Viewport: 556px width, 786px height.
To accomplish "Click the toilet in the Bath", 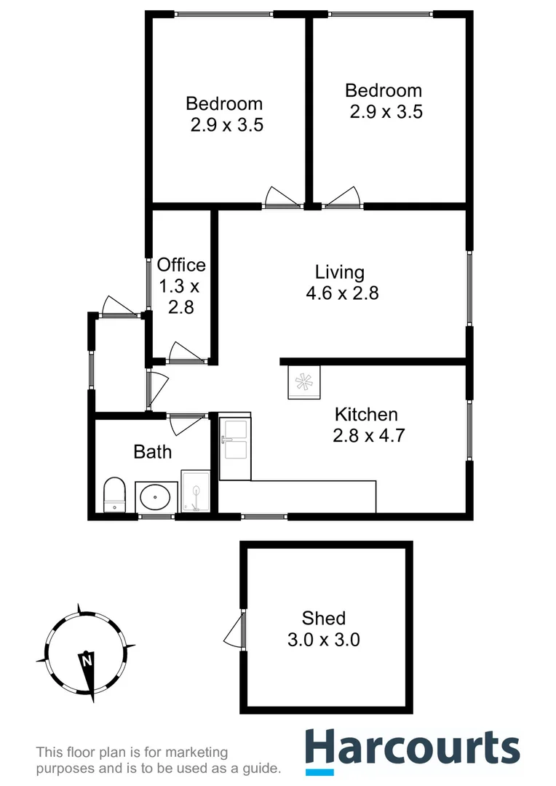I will coord(115,495).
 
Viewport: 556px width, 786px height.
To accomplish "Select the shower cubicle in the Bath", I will coord(195,491).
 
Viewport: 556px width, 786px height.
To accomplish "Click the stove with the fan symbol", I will coord(303,381).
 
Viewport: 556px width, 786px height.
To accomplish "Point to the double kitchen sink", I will coord(235,440).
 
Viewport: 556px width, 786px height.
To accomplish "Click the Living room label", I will coord(339,272).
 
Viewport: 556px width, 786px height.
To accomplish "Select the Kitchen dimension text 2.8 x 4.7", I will coord(368,437).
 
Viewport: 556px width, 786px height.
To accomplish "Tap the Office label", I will coord(181,265).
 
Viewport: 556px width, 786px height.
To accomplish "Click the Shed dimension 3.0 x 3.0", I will coord(324,640).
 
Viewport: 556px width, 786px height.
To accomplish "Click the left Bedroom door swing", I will coord(280,197).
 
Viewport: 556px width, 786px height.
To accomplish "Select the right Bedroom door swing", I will coord(343,197).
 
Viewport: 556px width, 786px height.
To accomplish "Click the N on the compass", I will coord(87,662).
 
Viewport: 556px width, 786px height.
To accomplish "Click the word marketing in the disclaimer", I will coord(192,753).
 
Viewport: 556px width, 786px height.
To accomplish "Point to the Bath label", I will coord(153,452).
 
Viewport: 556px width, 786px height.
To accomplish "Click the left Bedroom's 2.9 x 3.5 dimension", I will coord(226,124).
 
